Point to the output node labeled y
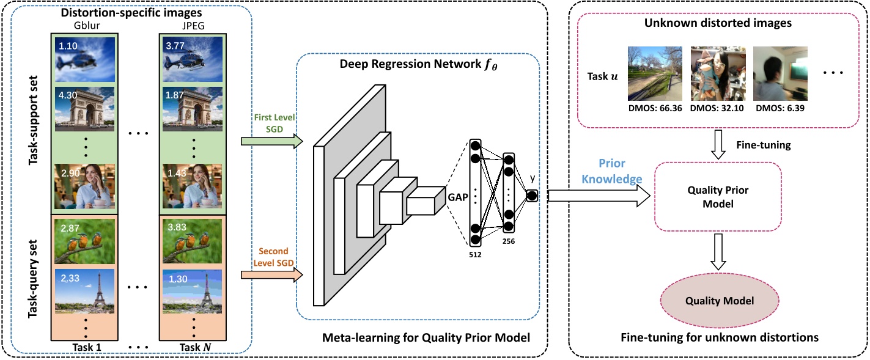(x=531, y=196)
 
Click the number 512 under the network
(x=476, y=254)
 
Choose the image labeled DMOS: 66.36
(x=655, y=73)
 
